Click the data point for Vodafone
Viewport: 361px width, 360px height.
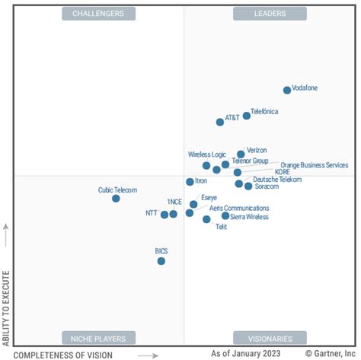pos(287,90)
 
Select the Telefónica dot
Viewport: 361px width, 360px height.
pos(247,116)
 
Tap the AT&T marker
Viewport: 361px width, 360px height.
pos(220,122)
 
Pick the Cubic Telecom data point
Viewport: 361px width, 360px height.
pos(116,199)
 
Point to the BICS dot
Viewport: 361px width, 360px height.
pos(161,261)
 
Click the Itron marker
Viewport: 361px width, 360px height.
pos(190,182)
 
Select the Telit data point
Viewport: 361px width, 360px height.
pos(206,219)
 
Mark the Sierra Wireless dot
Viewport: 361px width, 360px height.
pos(225,216)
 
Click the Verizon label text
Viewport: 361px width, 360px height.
pos(257,150)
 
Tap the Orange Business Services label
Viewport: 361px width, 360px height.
pos(314,165)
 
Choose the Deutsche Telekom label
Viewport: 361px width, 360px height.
pos(277,180)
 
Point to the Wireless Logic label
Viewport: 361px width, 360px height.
pos(208,155)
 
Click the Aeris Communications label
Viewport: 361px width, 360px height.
pos(239,208)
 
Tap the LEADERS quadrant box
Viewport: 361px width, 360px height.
pos(270,14)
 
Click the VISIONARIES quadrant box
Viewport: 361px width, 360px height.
pos(270,338)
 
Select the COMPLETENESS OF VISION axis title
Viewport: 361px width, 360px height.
pos(63,355)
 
